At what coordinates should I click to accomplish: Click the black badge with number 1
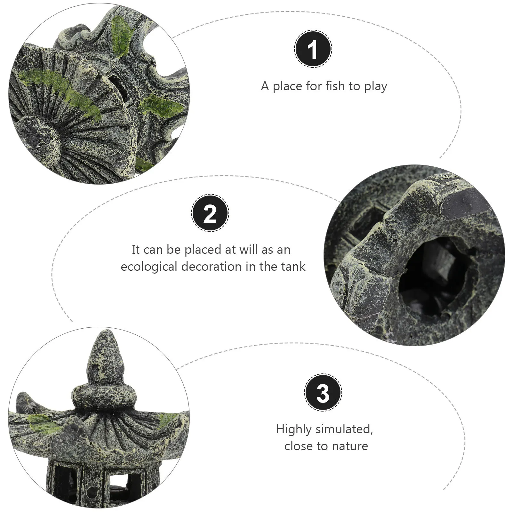pos(313,49)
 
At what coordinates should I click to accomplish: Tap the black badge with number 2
pos(210,213)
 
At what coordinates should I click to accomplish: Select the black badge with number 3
pos(323,392)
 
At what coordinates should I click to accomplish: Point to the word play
pos(375,87)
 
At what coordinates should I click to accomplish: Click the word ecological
pos(149,267)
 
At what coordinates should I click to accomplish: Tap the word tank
pos(294,267)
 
